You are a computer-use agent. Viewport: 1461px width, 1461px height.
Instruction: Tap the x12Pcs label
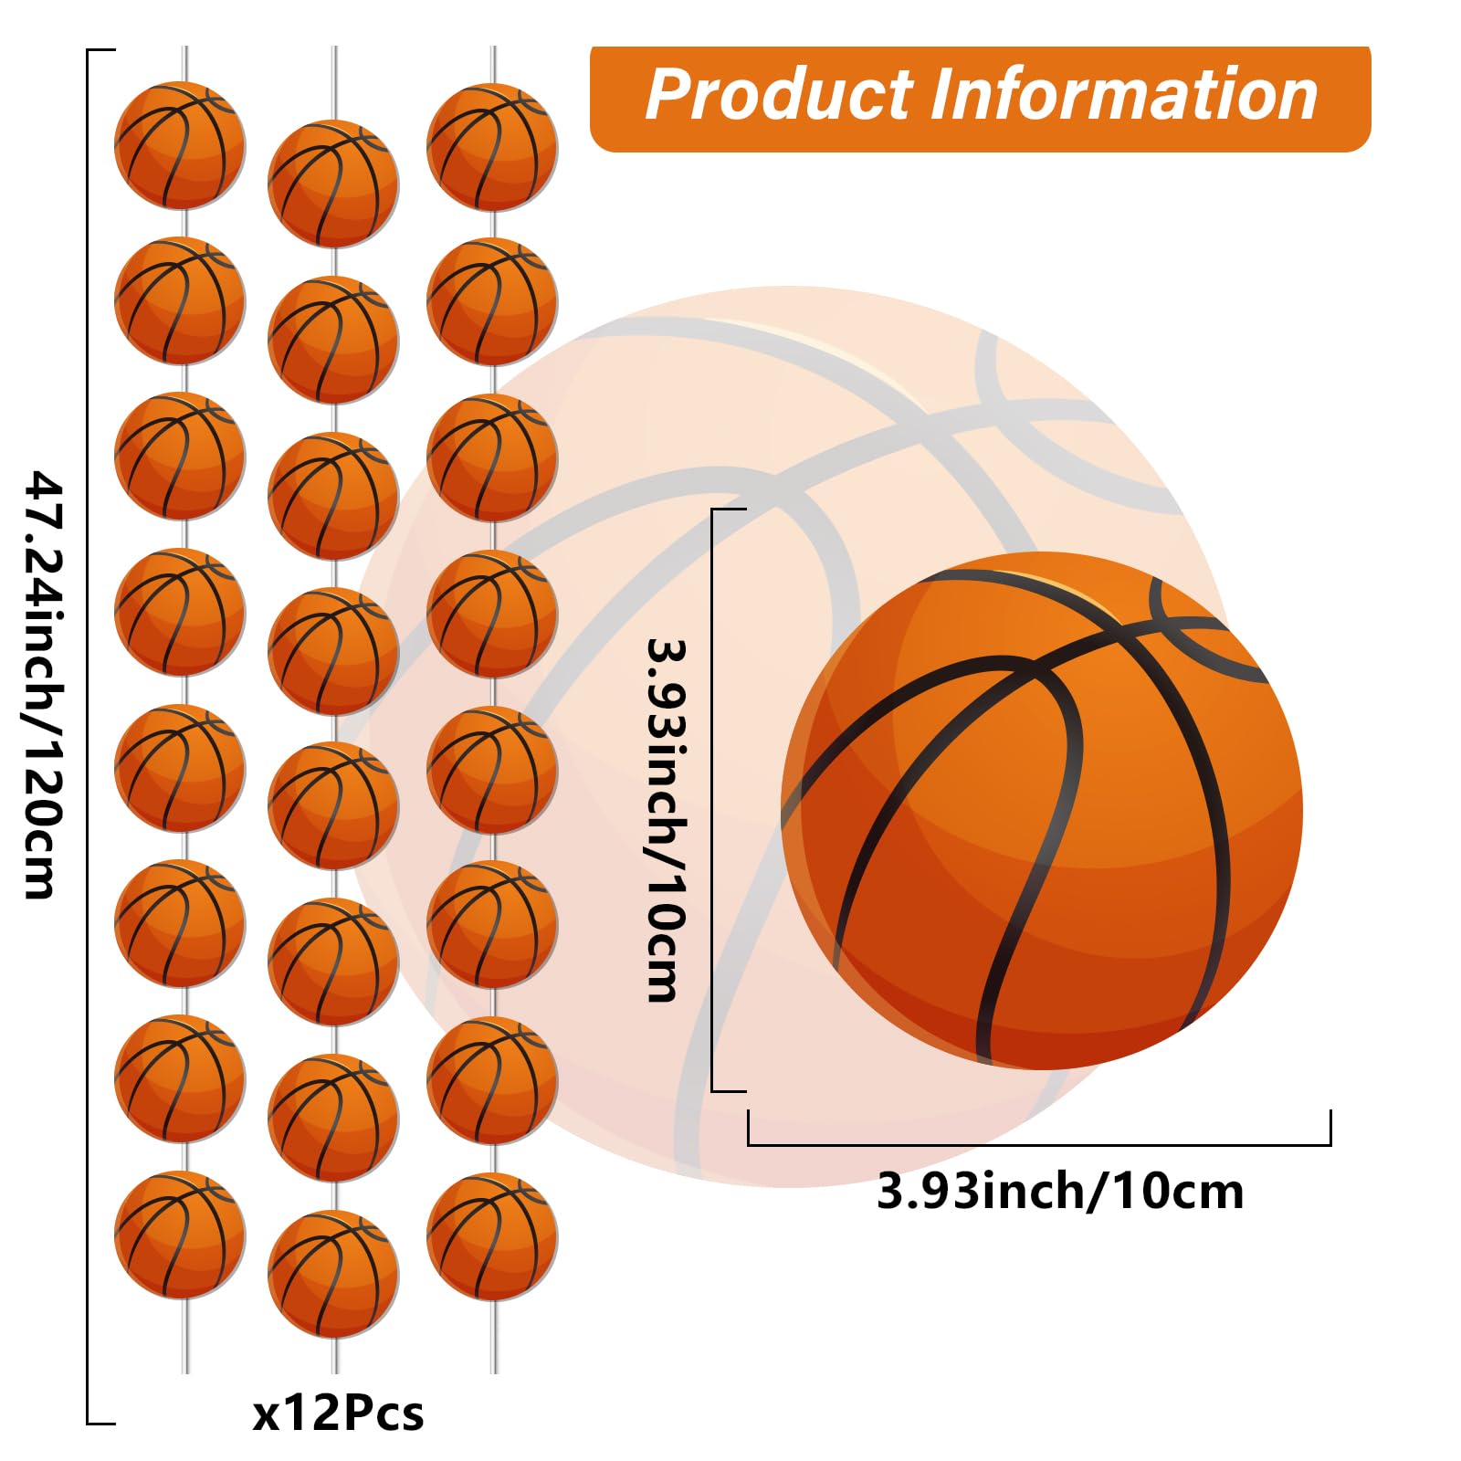pos(338,1414)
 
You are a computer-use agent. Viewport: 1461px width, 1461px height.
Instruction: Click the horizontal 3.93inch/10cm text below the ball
pos(1060,1193)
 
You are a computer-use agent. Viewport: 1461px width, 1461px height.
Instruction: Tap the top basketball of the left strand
pos(180,145)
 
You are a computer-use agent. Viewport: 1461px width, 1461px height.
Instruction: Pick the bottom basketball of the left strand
pos(180,1235)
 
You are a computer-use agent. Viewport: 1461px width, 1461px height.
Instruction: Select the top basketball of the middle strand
pos(333,184)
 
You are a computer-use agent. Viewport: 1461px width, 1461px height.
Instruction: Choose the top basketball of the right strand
pos(492,147)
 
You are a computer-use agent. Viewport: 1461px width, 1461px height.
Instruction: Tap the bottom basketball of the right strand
pos(492,1236)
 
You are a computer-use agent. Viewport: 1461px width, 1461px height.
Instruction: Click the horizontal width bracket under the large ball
pos(1039,1144)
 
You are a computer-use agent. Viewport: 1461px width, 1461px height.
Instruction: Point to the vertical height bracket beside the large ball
pos(712,800)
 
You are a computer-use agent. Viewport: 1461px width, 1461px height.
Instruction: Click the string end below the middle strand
pos(334,1356)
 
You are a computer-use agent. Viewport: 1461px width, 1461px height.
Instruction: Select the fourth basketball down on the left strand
pos(180,612)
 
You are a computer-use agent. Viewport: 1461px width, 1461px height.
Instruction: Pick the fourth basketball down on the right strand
pos(492,614)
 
